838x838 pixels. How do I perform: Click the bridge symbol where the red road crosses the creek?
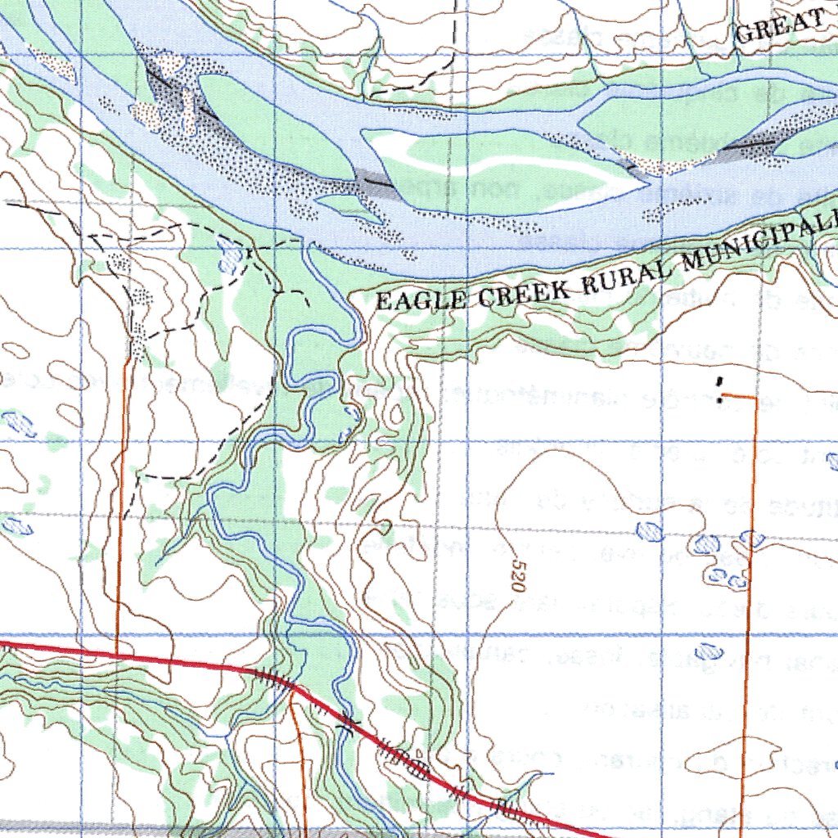point(350,723)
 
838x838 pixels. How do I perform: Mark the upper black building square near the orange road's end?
point(719,382)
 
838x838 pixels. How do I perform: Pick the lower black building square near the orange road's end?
point(719,399)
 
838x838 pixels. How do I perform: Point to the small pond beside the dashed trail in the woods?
point(232,259)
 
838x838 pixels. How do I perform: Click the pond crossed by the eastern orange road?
point(750,538)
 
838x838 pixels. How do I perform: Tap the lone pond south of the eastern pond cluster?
point(708,653)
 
